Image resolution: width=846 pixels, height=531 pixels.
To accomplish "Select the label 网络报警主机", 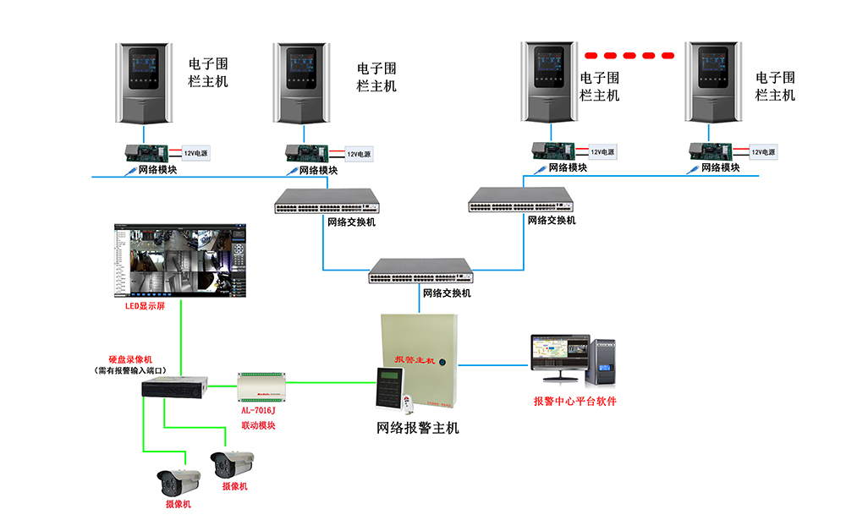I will tap(417, 428).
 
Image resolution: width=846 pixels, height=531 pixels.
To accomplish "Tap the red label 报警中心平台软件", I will tap(574, 401).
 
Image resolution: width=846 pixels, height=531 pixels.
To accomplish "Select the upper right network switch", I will tap(520, 200).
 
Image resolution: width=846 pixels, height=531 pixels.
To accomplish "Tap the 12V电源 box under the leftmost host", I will tap(195, 153).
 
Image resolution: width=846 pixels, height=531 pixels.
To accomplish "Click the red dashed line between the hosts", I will tap(630, 55).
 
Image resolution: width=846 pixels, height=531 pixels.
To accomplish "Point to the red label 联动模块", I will tap(258, 425).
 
